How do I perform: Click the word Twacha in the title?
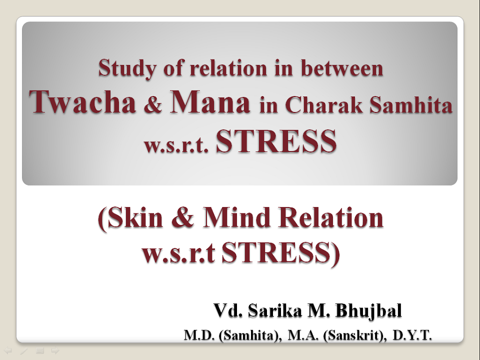pos(82,102)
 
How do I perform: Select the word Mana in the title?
pos(210,101)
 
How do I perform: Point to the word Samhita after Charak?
pos(411,104)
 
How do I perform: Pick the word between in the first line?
pos(342,68)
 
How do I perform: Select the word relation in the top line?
pos(228,68)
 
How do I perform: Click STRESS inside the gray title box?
pos(276,141)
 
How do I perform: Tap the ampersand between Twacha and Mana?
pos(153,104)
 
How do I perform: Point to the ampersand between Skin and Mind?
pos(183,217)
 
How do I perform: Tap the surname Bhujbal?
pos(368,310)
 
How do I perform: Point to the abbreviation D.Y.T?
pos(412,335)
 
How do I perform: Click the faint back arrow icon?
pos(7,350)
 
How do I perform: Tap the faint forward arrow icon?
pos(55,350)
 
